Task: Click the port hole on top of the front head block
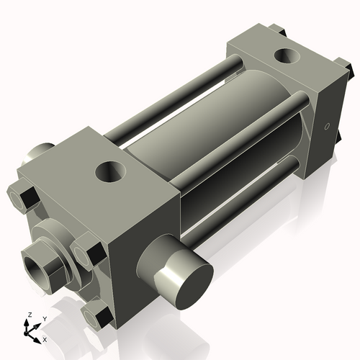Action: pos(112,171)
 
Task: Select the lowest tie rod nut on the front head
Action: pos(97,314)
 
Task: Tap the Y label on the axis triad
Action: pos(44,318)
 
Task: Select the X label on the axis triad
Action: pos(45,338)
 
